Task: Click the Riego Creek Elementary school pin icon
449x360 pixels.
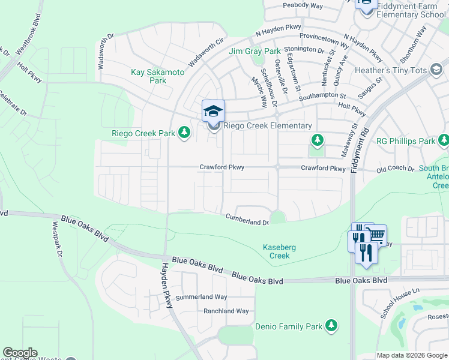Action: coord(213,111)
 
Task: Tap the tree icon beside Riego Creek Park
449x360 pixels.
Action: coord(184,133)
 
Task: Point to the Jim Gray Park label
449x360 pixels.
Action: coord(255,52)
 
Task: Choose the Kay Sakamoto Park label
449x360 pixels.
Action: coord(158,76)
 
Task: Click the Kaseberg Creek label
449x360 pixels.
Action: coord(276,251)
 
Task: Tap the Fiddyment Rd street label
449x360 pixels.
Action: coord(361,145)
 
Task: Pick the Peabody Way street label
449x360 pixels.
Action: coord(303,6)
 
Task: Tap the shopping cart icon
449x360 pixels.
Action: coord(376,235)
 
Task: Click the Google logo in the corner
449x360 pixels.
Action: coord(20,353)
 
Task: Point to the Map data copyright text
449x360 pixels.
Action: coord(412,355)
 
